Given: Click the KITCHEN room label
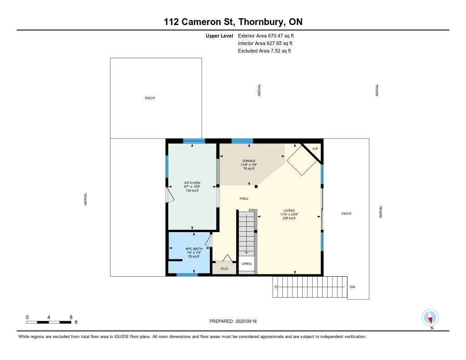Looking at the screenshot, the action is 192,183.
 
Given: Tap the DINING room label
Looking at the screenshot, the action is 249,161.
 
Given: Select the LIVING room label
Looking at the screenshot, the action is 289,210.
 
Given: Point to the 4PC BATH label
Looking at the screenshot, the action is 194,249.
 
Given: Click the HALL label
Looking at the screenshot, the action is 244,198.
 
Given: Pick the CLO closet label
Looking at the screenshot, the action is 224,269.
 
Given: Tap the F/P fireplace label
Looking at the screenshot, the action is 315,149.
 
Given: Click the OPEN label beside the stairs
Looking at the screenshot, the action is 247,264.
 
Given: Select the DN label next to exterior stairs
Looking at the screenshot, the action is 352,287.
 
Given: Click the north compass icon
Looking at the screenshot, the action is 430,318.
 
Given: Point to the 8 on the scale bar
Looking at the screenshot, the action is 71,317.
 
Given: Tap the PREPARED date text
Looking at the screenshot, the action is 233,321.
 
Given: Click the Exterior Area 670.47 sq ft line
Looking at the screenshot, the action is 266,35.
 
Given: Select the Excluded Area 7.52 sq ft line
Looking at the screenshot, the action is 264,51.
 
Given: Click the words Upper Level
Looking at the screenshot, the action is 219,35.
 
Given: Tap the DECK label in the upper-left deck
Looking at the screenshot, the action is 150,98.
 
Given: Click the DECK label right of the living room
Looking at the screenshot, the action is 346,213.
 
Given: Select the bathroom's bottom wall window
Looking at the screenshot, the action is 187,275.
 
